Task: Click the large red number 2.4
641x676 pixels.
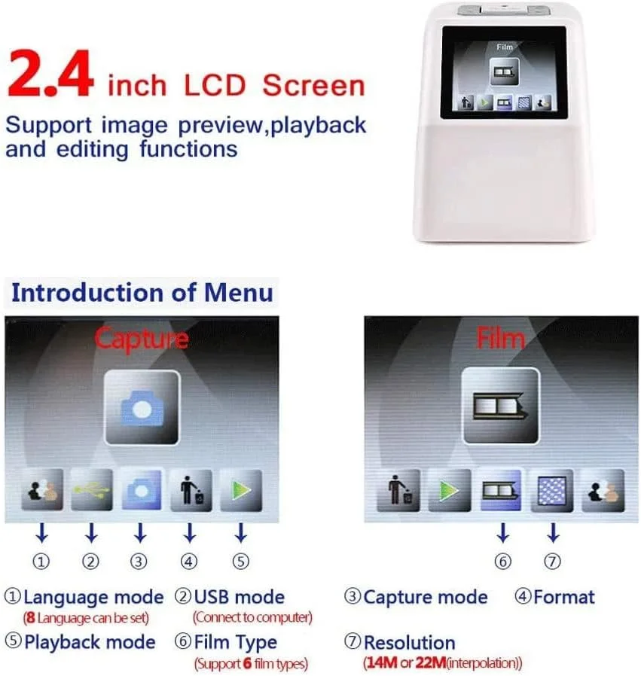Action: point(50,74)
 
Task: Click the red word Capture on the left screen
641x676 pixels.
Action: point(142,339)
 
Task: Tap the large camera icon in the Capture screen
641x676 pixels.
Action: point(142,407)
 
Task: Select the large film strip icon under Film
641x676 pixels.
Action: point(500,406)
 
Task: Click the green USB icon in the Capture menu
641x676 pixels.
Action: point(92,490)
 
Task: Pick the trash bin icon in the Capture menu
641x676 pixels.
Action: point(191,490)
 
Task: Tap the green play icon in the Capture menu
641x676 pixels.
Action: point(241,490)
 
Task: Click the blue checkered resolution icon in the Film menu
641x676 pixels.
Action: point(551,491)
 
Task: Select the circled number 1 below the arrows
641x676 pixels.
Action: point(41,562)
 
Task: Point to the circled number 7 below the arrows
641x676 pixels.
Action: point(553,562)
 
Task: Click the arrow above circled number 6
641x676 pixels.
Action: point(502,533)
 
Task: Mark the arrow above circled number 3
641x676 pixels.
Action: point(140,533)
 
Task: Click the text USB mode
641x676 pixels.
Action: point(240,597)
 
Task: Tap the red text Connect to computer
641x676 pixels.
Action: point(252,617)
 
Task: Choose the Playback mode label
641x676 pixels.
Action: point(90,642)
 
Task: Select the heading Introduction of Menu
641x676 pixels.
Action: point(142,293)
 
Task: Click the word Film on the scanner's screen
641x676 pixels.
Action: point(504,47)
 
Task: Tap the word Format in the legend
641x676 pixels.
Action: point(563,597)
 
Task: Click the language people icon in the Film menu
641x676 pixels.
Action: point(603,491)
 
